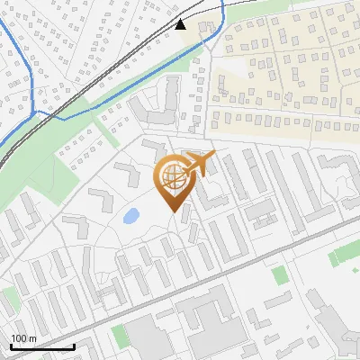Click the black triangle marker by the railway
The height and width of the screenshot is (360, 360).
point(181,24)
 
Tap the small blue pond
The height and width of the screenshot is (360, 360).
point(131,216)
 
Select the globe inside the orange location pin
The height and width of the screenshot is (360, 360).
point(171,178)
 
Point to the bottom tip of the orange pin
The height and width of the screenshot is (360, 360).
point(172,212)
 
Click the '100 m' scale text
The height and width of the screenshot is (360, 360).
point(23,338)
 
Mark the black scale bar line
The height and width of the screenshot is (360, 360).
point(41,346)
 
